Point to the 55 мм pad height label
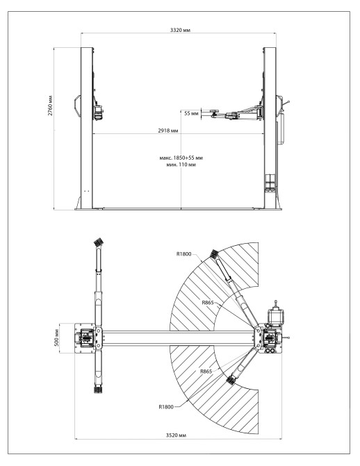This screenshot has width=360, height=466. (191, 112)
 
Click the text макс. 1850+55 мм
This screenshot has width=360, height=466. (183, 158)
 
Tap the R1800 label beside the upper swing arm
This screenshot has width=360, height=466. (186, 253)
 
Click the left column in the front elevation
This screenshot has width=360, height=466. (86, 125)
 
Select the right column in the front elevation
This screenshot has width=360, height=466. (270, 125)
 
